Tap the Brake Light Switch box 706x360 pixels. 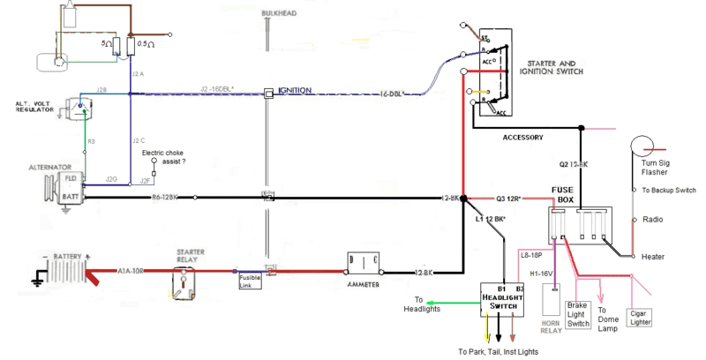click(578, 314)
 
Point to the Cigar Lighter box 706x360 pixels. click(638, 318)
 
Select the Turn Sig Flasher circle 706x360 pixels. click(641, 149)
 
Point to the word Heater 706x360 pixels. click(653, 256)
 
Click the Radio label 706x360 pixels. click(654, 219)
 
